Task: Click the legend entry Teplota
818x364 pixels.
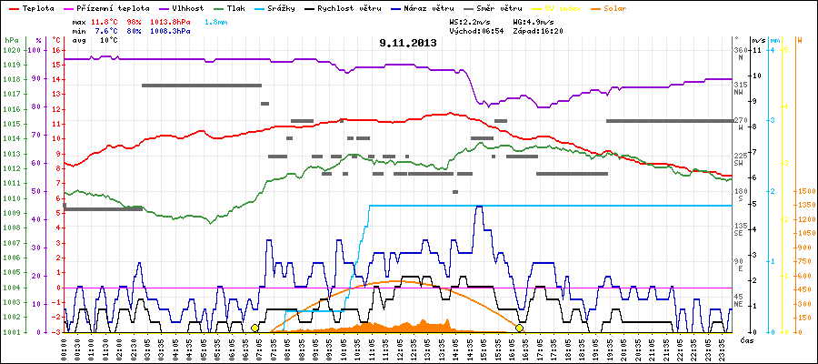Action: [37, 7]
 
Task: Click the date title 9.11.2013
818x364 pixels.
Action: [408, 42]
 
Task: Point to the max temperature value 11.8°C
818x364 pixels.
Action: [106, 20]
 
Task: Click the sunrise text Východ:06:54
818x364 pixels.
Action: [476, 30]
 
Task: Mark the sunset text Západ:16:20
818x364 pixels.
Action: [540, 30]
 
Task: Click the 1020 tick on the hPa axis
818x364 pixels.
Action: [11, 50]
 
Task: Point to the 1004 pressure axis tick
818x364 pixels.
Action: [11, 288]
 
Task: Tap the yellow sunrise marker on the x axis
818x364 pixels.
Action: [255, 328]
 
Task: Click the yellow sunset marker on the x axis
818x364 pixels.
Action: [520, 328]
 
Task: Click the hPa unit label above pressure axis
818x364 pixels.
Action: [11, 40]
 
